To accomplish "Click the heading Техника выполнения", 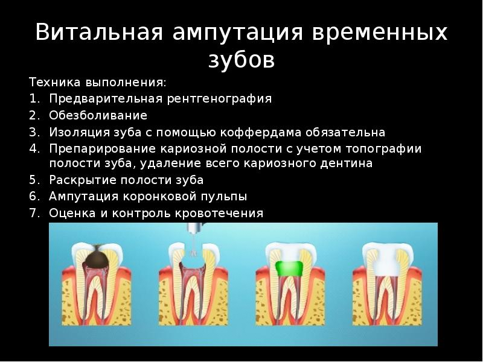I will tap(97, 81).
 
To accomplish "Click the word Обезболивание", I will tap(98, 115).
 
